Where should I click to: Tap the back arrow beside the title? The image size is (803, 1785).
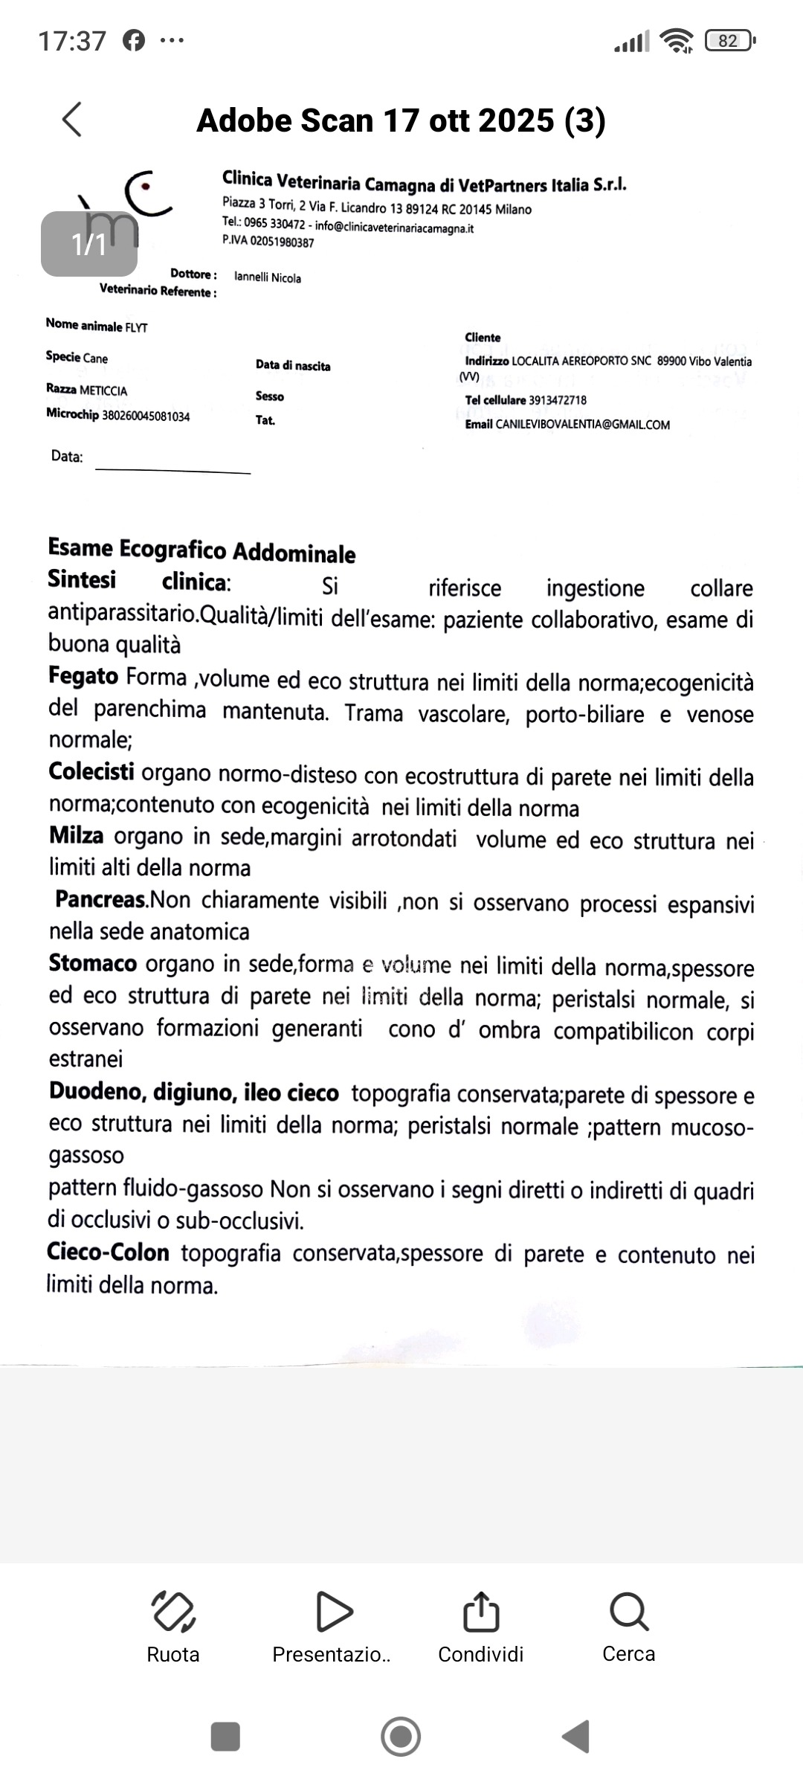coord(72,119)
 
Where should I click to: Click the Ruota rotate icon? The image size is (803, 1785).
coord(173,1612)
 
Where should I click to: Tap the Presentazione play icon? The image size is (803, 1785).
coord(333,1612)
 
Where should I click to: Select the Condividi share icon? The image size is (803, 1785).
coord(480,1612)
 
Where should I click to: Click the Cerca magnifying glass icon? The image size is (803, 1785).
coord(629,1612)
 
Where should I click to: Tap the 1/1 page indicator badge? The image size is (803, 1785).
coord(89,244)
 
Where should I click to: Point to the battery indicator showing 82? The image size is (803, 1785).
coord(730,41)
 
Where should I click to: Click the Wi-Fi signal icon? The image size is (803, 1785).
coord(677,41)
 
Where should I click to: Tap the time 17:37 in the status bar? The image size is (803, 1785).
coord(72,41)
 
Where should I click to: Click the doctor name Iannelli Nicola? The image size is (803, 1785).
coord(268,278)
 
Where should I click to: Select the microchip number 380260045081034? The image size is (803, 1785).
coord(145,416)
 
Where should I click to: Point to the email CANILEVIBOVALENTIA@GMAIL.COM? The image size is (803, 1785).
coord(582,425)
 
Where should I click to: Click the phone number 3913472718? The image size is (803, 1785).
coord(558,400)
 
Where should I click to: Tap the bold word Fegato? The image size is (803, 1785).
coord(83,676)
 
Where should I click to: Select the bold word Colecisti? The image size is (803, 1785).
coord(91,771)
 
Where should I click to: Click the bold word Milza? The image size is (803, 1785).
coord(76,835)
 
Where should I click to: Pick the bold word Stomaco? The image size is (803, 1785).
coord(93,963)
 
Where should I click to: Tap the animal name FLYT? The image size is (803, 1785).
coord(136,327)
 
